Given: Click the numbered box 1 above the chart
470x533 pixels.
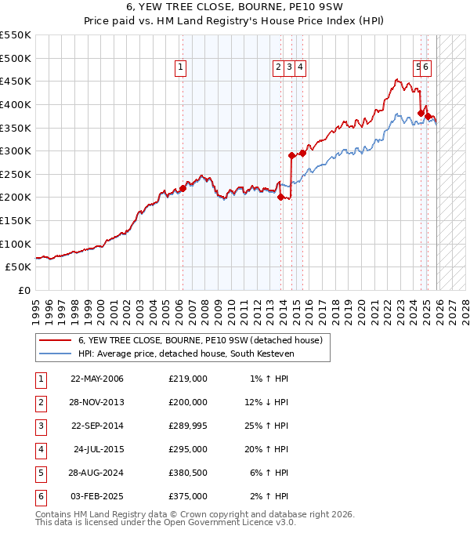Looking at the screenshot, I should pyautogui.click(x=181, y=68).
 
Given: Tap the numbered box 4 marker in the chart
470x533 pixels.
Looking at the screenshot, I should pyautogui.click(x=300, y=68).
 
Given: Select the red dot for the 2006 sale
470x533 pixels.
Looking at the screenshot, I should pyautogui.click(x=183, y=188).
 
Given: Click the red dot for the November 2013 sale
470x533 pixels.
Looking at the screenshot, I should pyautogui.click(x=280, y=197).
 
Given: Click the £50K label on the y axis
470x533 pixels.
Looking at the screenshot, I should pyautogui.click(x=19, y=266).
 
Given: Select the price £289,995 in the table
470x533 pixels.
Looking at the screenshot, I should pyautogui.click(x=187, y=426).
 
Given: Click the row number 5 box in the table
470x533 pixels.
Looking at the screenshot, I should pyautogui.click(x=41, y=473).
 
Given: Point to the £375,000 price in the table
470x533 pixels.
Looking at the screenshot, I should pyautogui.click(x=187, y=496).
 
